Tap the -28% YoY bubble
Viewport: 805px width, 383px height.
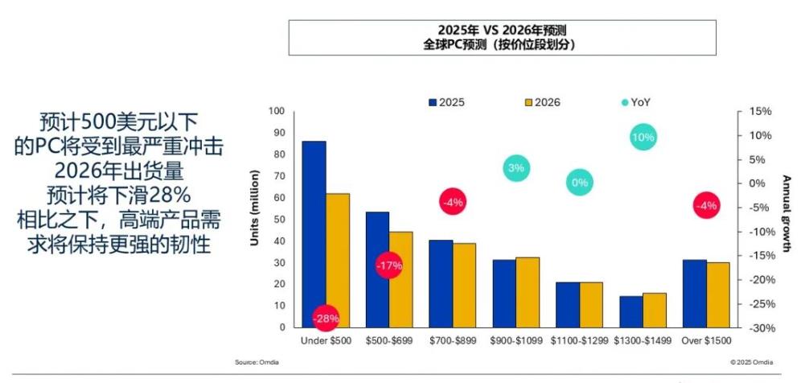click(x=327, y=318)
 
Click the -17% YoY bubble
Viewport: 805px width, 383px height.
click(x=388, y=266)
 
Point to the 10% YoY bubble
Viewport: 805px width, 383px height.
click(x=643, y=138)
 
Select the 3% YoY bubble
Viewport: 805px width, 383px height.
click(x=516, y=168)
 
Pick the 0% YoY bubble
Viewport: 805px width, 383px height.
click(x=580, y=183)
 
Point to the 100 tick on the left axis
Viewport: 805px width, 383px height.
click(x=277, y=111)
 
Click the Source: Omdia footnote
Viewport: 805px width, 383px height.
click(x=257, y=363)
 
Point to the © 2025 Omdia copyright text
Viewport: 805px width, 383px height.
click(x=752, y=363)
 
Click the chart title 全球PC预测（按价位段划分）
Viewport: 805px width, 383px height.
click(x=502, y=44)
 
